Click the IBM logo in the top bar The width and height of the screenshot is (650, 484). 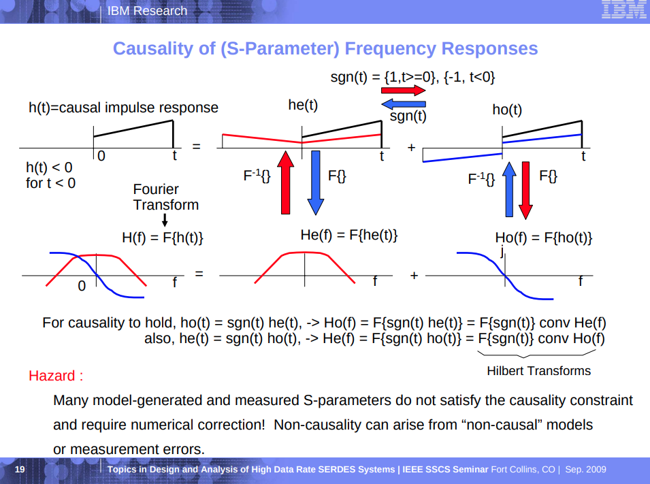[623, 11]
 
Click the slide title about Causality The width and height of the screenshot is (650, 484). [325, 49]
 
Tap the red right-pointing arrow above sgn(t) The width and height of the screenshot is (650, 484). [403, 90]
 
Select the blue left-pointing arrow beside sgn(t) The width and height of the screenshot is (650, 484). [403, 104]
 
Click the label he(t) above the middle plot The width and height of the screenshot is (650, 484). [303, 105]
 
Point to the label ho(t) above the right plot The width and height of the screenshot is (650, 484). [507, 110]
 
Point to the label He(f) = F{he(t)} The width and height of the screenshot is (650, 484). [349, 235]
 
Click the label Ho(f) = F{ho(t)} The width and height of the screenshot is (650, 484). [543, 238]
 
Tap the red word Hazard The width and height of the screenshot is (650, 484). [56, 375]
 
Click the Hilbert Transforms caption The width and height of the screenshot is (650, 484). [538, 371]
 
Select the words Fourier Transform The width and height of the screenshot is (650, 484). [165, 197]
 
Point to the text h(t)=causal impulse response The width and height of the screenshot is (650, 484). [123, 108]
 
